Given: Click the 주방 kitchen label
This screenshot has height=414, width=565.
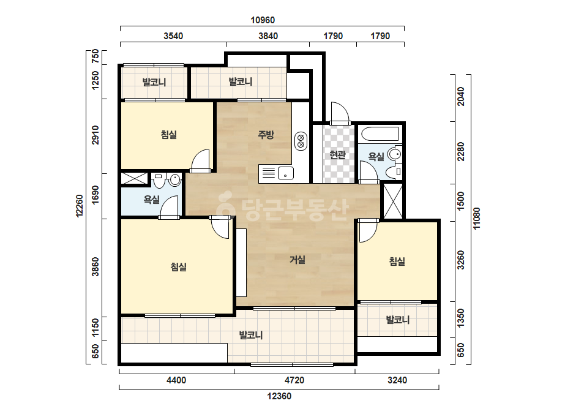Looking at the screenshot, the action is [x=266, y=135].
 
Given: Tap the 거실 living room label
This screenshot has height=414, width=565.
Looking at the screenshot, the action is [x=297, y=259].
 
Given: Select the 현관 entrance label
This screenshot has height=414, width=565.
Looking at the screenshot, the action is [x=338, y=155].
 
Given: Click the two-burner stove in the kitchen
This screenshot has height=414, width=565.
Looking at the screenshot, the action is [x=301, y=141].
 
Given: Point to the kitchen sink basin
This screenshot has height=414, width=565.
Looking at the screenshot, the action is [x=285, y=173].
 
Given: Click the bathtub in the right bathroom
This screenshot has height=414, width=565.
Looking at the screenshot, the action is [x=380, y=134].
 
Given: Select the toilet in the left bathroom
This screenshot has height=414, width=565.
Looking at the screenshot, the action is [x=159, y=179].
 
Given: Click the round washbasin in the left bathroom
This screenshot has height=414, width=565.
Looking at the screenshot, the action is [x=175, y=179].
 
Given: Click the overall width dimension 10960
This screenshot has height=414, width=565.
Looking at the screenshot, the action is [x=263, y=20].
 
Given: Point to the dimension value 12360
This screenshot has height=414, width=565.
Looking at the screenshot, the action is [x=279, y=396].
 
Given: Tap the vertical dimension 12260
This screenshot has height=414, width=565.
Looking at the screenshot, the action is [x=80, y=206].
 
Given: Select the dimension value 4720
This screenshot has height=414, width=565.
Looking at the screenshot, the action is [x=294, y=380].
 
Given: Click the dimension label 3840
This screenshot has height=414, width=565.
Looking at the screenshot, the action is [x=268, y=36].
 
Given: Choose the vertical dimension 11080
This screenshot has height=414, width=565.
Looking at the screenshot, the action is [x=476, y=219].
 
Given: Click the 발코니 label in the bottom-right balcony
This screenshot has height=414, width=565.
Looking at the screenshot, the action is [x=397, y=320].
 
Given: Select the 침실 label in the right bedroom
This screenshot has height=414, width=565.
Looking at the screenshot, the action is [x=397, y=261].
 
